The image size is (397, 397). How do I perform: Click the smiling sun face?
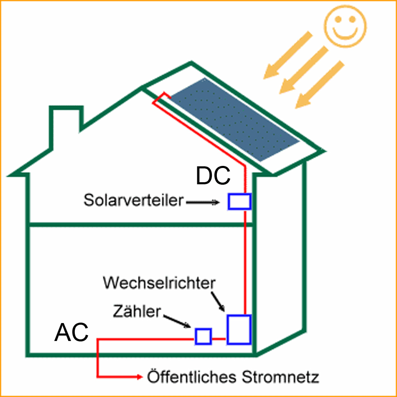(x=346, y=26)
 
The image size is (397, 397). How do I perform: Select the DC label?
(x=213, y=176)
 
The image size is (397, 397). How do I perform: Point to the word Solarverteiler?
(x=133, y=200)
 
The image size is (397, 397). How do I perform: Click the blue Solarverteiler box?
(x=239, y=201)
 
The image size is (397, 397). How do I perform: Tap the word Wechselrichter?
(x=159, y=283)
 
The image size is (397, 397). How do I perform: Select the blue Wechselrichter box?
(x=239, y=329)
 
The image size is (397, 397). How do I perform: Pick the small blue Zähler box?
(x=204, y=336)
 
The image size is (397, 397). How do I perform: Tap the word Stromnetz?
(x=280, y=377)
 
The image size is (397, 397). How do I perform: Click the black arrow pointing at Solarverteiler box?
(x=203, y=203)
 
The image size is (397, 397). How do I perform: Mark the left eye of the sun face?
(x=338, y=20)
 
